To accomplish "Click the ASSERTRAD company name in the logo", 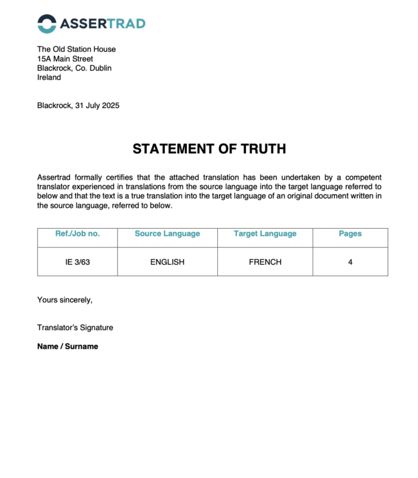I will pos(102,24).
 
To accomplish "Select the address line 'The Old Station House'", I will pos(76,49).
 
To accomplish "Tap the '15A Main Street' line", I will pos(65,58).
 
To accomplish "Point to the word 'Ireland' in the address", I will pos(49,78).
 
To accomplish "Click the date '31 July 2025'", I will pos(97,106).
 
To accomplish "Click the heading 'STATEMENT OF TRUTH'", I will pos(209,149).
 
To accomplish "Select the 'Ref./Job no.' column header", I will pos(78,234).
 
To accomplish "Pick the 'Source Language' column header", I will pos(167,234).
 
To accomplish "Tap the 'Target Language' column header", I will pos(265,234).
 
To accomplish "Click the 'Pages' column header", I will pos(350,234).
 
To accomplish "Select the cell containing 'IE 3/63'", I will pos(78,261).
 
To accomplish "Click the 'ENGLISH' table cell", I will pos(167,261).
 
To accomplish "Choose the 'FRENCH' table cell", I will pos(265,261).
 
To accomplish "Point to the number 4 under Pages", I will pos(350,261).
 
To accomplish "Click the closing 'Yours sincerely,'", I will pos(64,300).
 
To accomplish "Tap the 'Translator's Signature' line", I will pos(75,328).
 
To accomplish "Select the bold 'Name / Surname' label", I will pos(67,346).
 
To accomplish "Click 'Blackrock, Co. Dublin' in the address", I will pos(74,68).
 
